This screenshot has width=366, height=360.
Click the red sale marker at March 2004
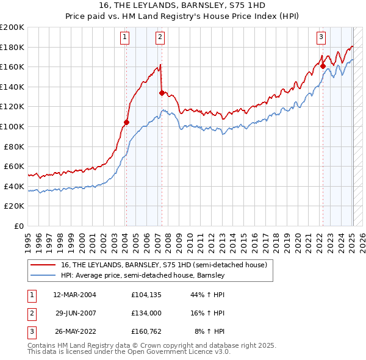126,122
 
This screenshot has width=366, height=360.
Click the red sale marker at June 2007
162,93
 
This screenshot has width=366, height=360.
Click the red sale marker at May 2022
323,67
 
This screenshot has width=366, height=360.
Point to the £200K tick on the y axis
12,27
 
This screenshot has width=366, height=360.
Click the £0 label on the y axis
18,226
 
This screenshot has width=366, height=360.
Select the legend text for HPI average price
143,275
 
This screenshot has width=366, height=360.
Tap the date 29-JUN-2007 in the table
76,313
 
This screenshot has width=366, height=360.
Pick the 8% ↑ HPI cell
209,331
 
